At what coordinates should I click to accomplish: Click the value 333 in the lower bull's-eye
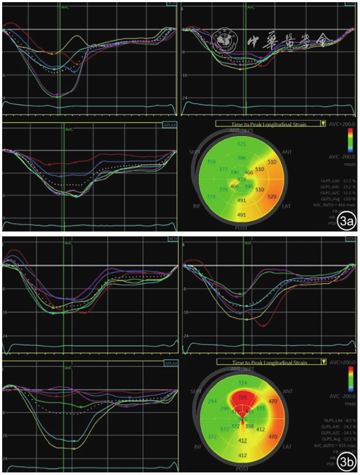(260, 409)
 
